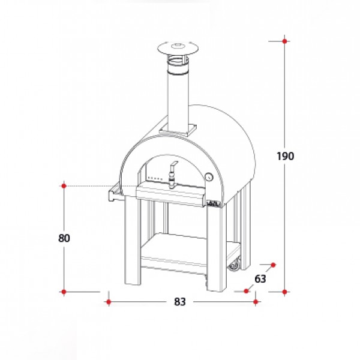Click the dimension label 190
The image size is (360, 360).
285,156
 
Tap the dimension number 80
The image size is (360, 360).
64,238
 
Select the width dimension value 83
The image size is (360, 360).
180,302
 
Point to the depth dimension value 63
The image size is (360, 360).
260,279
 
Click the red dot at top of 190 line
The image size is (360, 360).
284,41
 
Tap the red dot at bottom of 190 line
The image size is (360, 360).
284,292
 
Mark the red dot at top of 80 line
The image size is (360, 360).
64,186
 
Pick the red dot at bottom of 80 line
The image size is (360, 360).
64,292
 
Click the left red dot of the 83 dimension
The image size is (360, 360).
109,302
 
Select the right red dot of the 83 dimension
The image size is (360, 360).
256,302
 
